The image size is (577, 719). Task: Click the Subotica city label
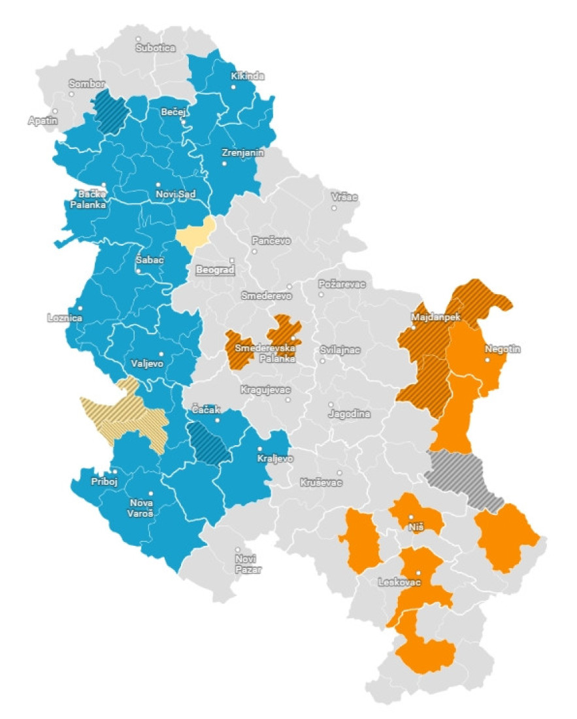tap(156, 48)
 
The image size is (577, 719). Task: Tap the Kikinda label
tap(248, 76)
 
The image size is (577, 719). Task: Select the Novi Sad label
tap(176, 193)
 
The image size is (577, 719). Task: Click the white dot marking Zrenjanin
tap(225, 163)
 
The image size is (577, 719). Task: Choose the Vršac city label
tap(344, 197)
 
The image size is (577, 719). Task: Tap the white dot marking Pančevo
tap(255, 250)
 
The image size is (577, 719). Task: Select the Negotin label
tap(503, 349)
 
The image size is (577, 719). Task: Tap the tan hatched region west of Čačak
tap(124, 415)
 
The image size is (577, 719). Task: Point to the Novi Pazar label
tap(248, 564)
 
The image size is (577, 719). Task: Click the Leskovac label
tap(400, 582)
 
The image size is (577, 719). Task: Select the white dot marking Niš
tap(411, 517)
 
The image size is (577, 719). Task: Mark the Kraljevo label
tap(275, 458)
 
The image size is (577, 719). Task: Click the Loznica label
tap(65, 318)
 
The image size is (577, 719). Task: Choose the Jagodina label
tap(350, 414)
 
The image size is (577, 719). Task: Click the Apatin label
tap(42, 120)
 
